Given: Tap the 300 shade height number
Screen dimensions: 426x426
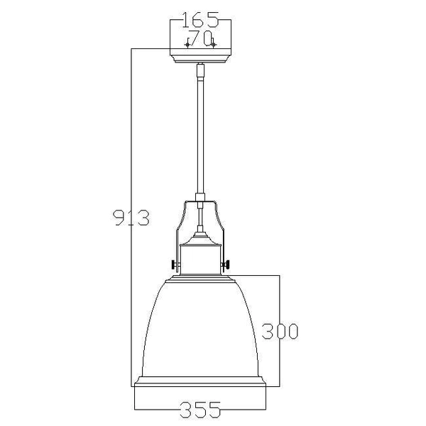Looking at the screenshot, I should [280, 331].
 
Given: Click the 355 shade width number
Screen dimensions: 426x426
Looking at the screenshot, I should [200, 410].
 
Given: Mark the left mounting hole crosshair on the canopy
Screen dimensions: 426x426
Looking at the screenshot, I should [187, 44].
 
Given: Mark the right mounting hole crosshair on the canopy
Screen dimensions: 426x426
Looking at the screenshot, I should [213, 44].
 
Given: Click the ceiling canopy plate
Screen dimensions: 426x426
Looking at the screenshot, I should [200, 54].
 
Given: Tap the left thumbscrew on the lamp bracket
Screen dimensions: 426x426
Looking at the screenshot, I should [174, 265].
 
